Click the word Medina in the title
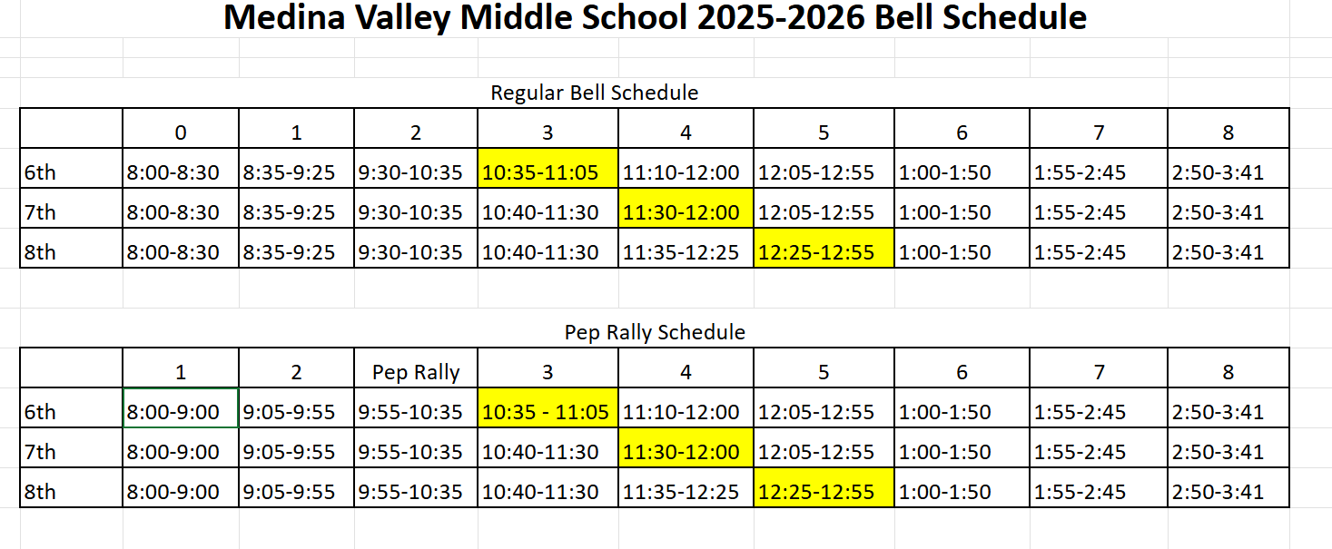coord(284,17)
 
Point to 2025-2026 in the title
coord(781,17)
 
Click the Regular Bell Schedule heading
coord(594,93)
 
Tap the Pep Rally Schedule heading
coord(655,332)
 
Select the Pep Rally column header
coord(416,372)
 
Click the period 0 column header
coord(181,132)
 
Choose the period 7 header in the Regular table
coord(1099,132)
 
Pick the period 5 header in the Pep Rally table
coord(823,372)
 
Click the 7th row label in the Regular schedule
coord(40,212)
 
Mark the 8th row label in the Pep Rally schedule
coord(40,492)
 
